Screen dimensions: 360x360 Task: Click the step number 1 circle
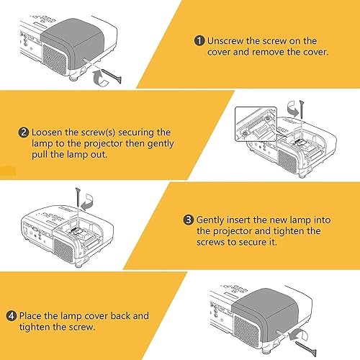pos(199,40)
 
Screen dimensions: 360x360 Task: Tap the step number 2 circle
pos(24,132)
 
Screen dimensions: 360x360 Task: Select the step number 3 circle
pos(189,220)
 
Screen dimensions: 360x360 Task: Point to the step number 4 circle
pos(12,316)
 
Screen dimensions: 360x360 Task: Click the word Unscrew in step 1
pos(225,41)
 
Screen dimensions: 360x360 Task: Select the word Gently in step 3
pos(210,220)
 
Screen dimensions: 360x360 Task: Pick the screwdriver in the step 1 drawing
pos(112,76)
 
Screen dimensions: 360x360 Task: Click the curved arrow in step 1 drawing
pos(100,78)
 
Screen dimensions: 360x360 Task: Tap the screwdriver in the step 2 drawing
pos(302,109)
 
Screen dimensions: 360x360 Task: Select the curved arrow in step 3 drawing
pos(87,201)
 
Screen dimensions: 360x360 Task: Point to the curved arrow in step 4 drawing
pos(298,336)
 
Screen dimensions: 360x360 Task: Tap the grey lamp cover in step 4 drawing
pos(265,315)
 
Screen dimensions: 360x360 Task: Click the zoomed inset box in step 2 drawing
pos(256,125)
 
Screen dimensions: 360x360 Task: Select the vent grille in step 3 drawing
pos(63,250)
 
